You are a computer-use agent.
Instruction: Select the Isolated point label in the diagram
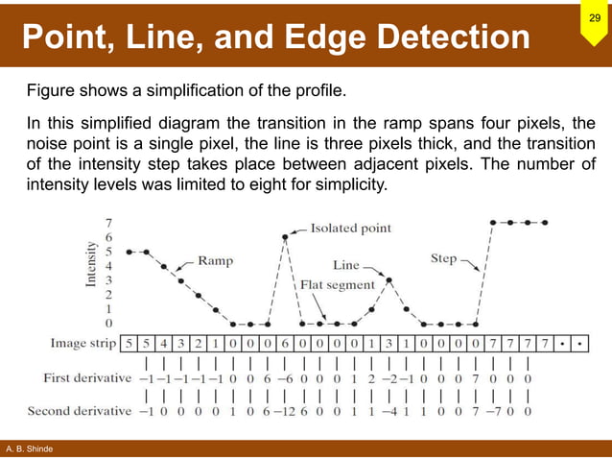click(350, 229)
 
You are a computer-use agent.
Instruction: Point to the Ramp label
click(218, 258)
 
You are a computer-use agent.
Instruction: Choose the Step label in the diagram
click(442, 258)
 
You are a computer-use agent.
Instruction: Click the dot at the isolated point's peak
click(285, 236)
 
